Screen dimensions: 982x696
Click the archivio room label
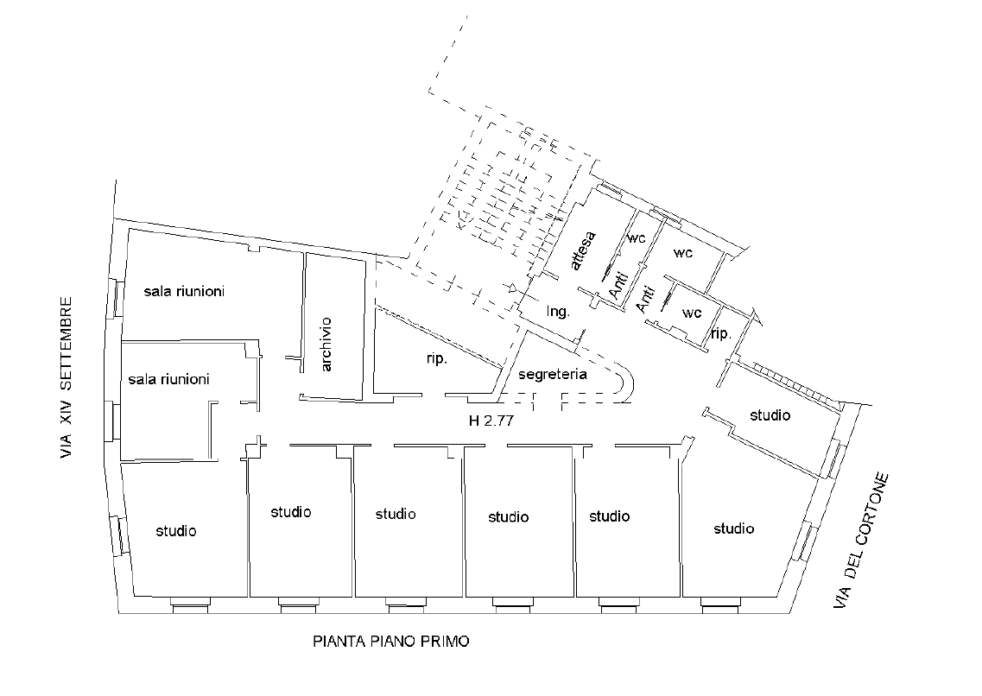(326, 345)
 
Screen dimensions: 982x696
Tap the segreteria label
(553, 374)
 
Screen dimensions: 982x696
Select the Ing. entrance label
(558, 311)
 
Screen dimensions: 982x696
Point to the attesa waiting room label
(584, 251)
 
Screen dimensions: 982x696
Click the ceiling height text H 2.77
(491, 421)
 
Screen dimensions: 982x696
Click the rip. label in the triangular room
(436, 358)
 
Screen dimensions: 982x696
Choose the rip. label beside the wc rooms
(721, 333)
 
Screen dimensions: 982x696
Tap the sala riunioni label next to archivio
(184, 291)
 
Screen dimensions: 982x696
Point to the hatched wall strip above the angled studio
(796, 385)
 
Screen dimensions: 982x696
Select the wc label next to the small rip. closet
(692, 313)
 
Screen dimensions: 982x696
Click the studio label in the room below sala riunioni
(176, 531)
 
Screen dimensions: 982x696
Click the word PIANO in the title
(393, 642)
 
